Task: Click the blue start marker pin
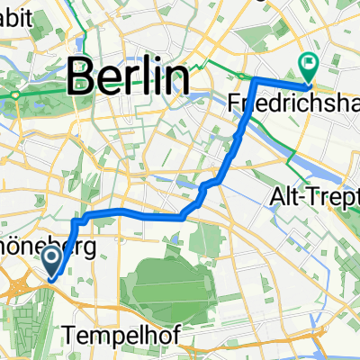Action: point(51,263)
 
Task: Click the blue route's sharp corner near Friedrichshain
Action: point(256,80)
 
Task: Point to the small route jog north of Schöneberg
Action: point(78,219)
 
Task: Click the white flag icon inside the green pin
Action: point(309,61)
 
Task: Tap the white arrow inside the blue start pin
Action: point(51,261)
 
